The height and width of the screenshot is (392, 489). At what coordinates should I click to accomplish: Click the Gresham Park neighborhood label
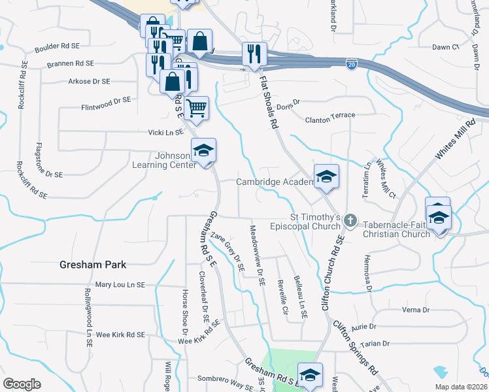[x=92, y=265]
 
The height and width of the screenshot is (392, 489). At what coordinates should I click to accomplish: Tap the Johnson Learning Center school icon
[x=203, y=152]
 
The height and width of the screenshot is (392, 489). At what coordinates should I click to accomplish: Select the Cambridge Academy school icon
[x=326, y=176]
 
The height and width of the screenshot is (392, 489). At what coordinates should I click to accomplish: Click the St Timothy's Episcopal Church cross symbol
[x=350, y=221]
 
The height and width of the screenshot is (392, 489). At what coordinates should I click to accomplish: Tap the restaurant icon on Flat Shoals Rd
[x=253, y=54]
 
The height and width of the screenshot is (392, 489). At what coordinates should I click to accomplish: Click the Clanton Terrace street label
[x=330, y=116]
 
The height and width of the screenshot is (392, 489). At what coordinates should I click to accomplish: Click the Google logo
[x=22, y=384]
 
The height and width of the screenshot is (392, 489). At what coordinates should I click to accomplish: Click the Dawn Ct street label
[x=446, y=47]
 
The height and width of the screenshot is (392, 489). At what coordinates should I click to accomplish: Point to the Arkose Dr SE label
[x=89, y=82]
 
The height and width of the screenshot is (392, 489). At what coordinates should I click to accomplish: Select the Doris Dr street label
[x=288, y=103]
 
